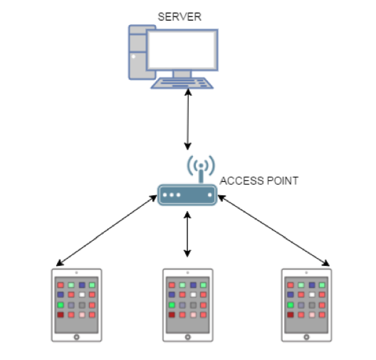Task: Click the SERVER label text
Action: (x=179, y=17)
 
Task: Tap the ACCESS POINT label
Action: (x=259, y=181)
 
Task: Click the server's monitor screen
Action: (x=182, y=50)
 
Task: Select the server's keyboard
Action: (x=182, y=83)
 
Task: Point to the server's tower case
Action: (x=137, y=52)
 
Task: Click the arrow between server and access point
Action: (x=188, y=119)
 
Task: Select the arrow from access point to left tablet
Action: (x=107, y=231)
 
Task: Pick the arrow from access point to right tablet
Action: (x=273, y=230)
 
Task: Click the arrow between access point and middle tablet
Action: (x=187, y=235)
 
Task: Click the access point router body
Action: (x=187, y=195)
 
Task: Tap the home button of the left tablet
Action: (x=76, y=337)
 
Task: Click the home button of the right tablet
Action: (x=306, y=337)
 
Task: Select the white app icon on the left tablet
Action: (x=82, y=294)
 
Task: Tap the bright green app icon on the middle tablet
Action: (x=172, y=305)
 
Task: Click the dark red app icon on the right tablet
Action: (x=291, y=314)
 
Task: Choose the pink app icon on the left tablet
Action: (x=82, y=314)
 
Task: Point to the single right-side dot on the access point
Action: (x=210, y=195)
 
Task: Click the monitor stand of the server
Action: (x=182, y=74)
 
